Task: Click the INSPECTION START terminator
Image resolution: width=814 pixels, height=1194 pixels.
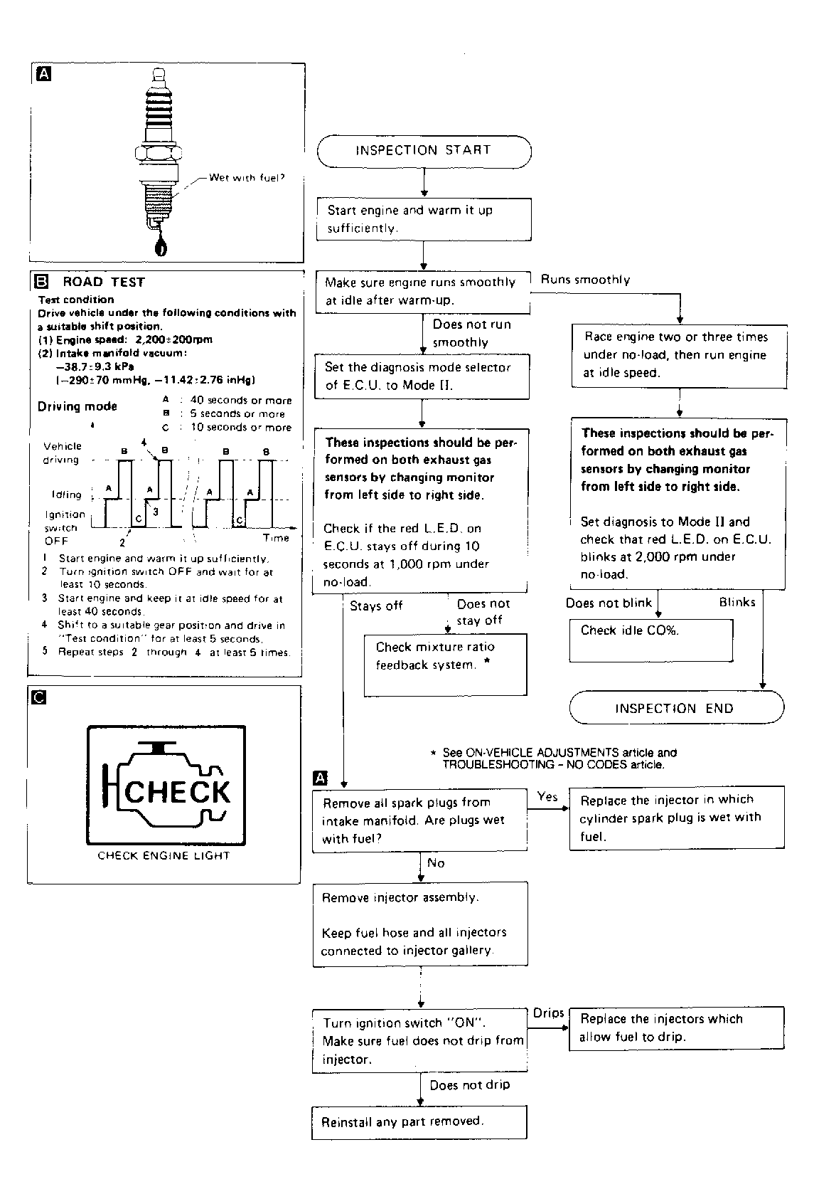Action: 424,151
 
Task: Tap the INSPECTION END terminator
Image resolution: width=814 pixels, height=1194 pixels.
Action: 676,708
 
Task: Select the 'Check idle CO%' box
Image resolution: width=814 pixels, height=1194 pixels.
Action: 650,640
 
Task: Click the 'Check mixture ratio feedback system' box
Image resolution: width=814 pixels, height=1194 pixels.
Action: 445,665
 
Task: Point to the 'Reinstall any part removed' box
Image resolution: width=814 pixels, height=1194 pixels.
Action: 419,1122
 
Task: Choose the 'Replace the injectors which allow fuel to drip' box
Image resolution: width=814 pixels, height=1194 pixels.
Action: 676,1028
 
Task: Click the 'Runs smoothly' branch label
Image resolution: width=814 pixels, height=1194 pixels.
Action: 585,280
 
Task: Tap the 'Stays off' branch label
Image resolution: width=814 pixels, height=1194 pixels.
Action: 376,606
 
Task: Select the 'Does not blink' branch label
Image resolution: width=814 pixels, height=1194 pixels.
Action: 609,603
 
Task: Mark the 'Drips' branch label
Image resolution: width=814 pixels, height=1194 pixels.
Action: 548,1013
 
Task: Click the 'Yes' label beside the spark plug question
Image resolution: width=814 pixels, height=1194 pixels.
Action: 547,797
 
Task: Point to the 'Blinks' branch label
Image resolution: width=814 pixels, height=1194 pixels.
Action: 737,603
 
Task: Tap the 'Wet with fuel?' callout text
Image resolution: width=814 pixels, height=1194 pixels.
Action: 246,178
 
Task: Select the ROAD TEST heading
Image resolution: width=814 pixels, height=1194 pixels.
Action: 103,282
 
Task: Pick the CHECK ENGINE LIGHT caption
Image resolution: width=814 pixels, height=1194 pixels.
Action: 164,856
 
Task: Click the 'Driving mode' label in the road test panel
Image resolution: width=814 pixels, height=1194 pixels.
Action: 77,406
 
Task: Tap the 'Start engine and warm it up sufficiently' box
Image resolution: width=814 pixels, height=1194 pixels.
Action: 424,219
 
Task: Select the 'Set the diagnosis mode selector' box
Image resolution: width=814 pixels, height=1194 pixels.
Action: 422,376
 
